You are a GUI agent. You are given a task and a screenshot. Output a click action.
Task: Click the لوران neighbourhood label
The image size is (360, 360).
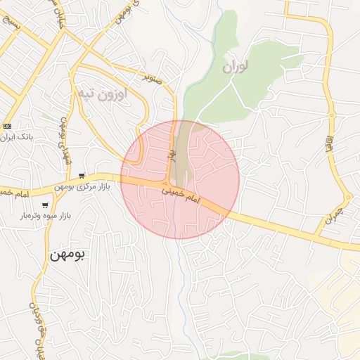[x=237, y=67]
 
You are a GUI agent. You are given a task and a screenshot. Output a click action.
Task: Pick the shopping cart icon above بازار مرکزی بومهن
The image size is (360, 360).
[x=83, y=175]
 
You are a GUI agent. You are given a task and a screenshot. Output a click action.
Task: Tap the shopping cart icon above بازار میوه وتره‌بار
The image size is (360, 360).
[x=46, y=205]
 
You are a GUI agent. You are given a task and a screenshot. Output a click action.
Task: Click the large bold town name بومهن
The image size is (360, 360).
[x=67, y=254]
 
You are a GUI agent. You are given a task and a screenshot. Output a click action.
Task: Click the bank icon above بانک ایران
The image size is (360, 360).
[x=8, y=124]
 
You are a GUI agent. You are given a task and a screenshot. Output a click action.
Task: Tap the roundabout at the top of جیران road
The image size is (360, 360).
[x=346, y=197]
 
